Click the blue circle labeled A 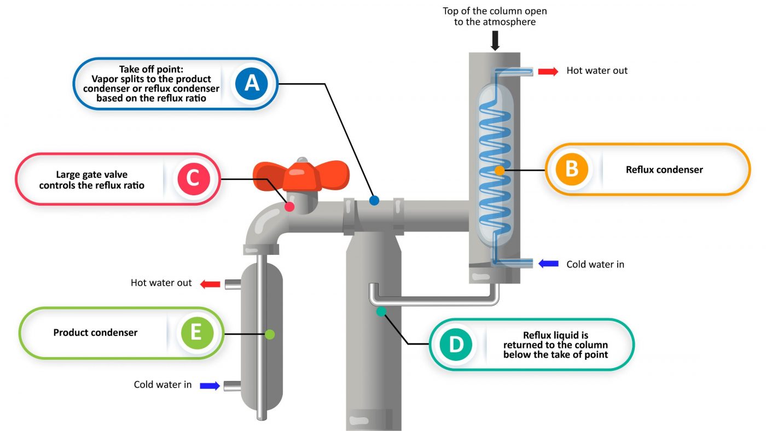[251, 83]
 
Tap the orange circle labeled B [571, 169]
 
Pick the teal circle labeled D [455, 344]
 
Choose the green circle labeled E [195, 333]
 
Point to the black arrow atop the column [495, 40]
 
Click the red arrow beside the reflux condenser [548, 71]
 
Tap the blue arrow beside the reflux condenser [548, 264]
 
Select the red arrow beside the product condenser [210, 283]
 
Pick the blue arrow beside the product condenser [210, 385]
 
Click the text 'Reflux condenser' [664, 170]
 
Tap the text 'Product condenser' [95, 333]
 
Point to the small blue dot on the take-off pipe [374, 201]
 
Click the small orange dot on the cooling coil [499, 170]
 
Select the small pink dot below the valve [289, 206]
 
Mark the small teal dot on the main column [381, 311]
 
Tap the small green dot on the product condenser [269, 334]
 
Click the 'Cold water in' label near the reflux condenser [595, 264]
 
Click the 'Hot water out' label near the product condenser [161, 283]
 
